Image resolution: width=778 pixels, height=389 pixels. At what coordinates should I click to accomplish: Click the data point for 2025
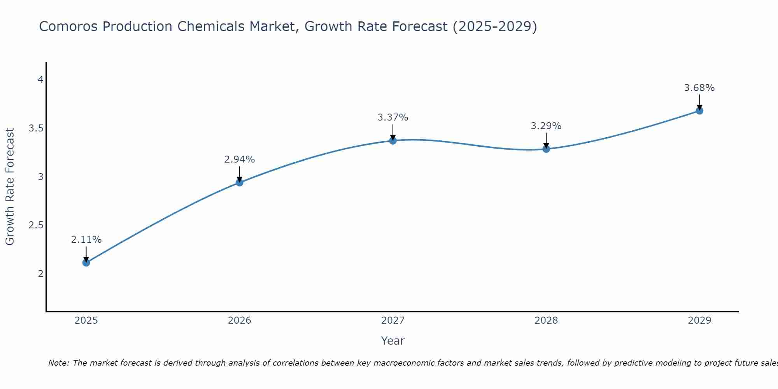[x=86, y=263]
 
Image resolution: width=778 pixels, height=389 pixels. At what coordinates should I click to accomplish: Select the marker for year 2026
[x=240, y=182]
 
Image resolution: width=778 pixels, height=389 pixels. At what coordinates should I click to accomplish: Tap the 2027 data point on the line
[x=393, y=140]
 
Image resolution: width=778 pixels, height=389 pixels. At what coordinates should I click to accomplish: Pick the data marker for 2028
[x=546, y=149]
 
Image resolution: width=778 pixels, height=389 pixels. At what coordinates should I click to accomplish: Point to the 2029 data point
[x=699, y=110]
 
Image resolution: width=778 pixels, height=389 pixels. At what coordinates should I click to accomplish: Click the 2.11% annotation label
[x=86, y=240]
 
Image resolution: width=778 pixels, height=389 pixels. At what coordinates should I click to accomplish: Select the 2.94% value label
[x=240, y=159]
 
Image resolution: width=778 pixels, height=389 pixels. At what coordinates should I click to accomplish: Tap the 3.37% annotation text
[x=393, y=117]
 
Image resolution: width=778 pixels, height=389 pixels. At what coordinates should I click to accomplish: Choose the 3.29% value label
[x=546, y=126]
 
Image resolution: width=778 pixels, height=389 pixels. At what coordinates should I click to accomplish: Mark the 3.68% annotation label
[x=699, y=88]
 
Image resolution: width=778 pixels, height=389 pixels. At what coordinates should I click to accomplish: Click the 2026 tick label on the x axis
[x=240, y=321]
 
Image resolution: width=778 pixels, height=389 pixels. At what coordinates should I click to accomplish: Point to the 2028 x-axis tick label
[x=546, y=321]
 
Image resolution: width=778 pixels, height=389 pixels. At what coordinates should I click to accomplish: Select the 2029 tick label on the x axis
[x=699, y=321]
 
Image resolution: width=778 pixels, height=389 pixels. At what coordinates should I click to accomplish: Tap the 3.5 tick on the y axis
[x=36, y=128]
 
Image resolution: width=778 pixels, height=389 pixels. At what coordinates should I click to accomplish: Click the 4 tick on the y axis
[x=40, y=80]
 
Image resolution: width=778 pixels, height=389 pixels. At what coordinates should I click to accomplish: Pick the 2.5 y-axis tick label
[x=36, y=225]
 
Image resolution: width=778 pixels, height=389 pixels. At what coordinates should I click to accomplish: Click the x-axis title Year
[x=393, y=341]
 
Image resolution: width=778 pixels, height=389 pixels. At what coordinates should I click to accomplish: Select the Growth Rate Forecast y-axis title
[x=10, y=187]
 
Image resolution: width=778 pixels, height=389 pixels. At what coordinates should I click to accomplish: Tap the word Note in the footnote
[x=58, y=363]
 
